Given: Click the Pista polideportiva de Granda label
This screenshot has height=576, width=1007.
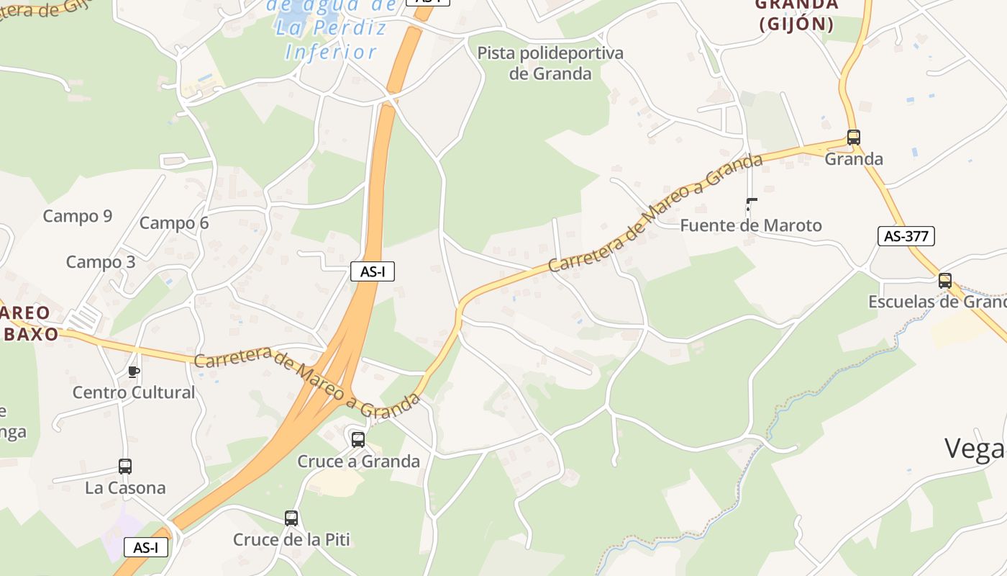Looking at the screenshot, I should [550, 63].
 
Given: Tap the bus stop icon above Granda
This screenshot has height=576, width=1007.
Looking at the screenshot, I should [854, 137].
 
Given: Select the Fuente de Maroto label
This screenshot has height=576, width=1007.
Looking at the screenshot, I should [751, 225].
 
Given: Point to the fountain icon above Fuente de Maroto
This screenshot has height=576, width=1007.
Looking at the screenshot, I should [751, 204].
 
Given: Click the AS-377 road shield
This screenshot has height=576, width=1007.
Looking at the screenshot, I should [906, 235].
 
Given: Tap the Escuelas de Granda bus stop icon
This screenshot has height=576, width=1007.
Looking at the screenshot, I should [945, 281].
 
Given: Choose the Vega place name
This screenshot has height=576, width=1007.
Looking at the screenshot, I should [975, 449].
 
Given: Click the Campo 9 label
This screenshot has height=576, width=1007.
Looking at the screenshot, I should [78, 216].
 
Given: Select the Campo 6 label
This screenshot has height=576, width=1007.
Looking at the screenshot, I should [174, 223].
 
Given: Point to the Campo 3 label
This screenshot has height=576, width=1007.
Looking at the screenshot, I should [101, 262].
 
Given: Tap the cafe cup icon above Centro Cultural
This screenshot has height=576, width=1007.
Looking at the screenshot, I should [133, 372].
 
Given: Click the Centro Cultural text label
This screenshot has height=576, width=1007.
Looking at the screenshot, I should [134, 392].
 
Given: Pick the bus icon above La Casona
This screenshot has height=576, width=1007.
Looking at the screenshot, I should [125, 467].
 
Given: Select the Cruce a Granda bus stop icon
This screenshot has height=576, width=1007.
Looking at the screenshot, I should [358, 439].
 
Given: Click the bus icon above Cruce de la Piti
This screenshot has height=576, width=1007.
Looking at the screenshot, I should [291, 518].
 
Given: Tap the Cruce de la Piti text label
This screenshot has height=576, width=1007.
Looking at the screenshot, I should [291, 539].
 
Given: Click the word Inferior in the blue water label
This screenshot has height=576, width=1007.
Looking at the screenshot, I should [331, 52].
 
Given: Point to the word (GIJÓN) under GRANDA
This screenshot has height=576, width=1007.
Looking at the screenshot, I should [796, 24].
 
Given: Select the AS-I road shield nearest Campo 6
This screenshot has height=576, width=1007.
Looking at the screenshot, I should [373, 271].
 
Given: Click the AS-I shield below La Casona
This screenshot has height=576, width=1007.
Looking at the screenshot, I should [146, 547].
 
